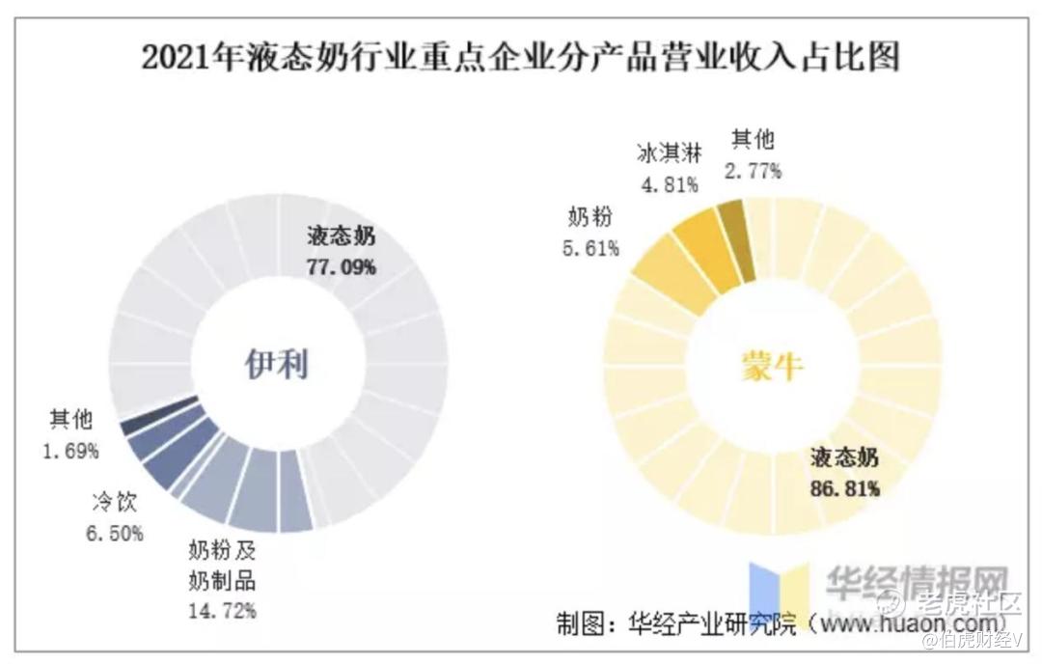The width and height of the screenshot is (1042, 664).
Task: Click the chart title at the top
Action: click(520, 57)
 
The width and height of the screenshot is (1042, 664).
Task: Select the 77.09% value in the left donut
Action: click(342, 267)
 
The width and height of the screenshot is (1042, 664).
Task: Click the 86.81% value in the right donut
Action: click(845, 488)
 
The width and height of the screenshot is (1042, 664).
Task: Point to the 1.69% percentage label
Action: click(70, 450)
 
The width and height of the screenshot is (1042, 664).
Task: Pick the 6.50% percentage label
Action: click(115, 532)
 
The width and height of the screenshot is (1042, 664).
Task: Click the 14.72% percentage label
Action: click(223, 610)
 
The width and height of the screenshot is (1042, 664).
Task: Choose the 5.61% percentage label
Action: click(590, 249)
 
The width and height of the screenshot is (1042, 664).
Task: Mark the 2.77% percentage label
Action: click(753, 172)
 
